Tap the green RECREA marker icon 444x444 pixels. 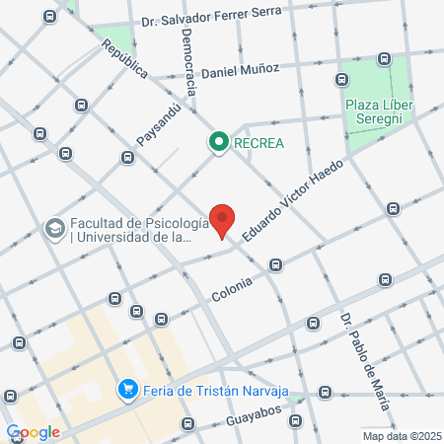(218, 143)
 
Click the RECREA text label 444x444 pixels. (259, 143)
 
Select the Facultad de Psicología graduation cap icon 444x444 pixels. (53, 229)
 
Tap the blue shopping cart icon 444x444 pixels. (126, 390)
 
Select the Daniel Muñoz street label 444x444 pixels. (240, 70)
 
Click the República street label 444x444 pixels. (124, 59)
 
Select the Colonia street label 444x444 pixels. (232, 288)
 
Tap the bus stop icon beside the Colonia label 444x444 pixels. (276, 264)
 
